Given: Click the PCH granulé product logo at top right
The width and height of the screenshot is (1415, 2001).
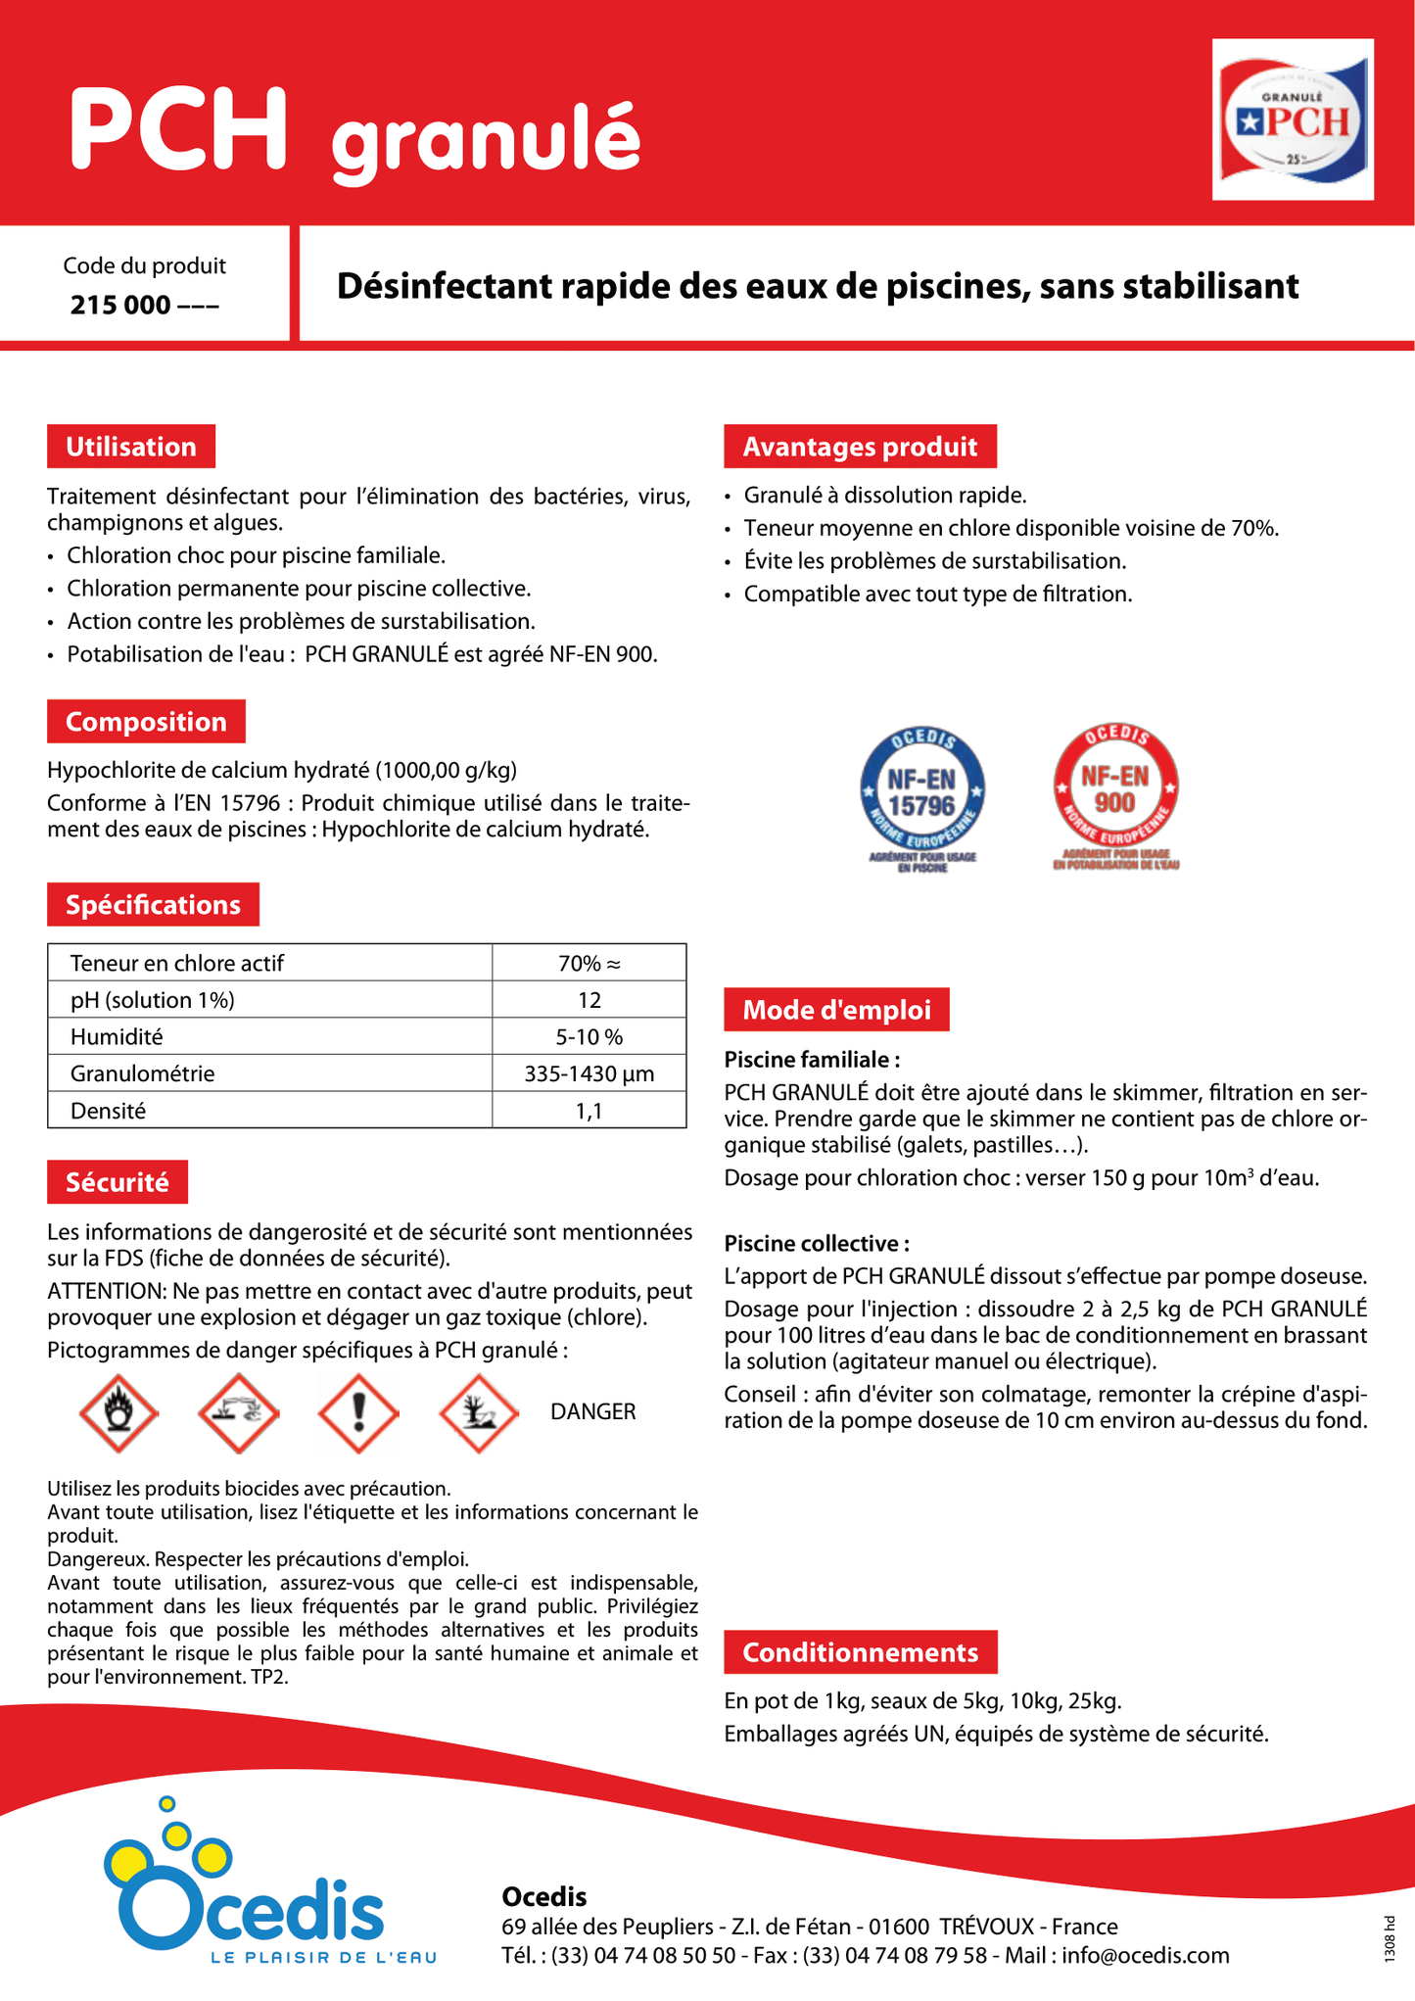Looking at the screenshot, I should tap(1293, 119).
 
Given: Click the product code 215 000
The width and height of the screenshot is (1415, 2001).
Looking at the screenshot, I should tap(144, 306).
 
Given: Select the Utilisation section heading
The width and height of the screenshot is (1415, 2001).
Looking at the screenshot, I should tap(131, 447).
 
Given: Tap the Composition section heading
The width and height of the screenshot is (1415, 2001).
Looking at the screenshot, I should tap(146, 722).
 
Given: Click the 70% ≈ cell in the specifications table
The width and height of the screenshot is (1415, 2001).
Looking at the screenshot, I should tap(589, 964).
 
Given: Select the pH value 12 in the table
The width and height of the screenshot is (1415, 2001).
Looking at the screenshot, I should tap(589, 1000).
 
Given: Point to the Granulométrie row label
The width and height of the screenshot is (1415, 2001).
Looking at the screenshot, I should tap(142, 1073).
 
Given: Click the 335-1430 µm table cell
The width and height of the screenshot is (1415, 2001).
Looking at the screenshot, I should tap(589, 1074).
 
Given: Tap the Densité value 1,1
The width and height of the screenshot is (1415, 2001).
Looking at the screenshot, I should tap(589, 1111).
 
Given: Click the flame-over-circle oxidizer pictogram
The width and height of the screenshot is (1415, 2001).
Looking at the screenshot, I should tap(118, 1412).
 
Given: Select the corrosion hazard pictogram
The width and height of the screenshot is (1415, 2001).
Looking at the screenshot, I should tap(239, 1412).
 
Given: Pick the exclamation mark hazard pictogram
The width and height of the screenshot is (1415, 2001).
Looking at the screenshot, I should tap(358, 1412).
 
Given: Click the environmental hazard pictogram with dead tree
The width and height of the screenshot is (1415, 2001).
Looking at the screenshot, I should tap(479, 1412).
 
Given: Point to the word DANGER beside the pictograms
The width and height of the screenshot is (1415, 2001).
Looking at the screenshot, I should tap(592, 1411).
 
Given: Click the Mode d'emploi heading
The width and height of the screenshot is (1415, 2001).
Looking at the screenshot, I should tap(836, 1010).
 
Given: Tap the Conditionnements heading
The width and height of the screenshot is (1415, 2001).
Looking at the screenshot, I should tap(860, 1652).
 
